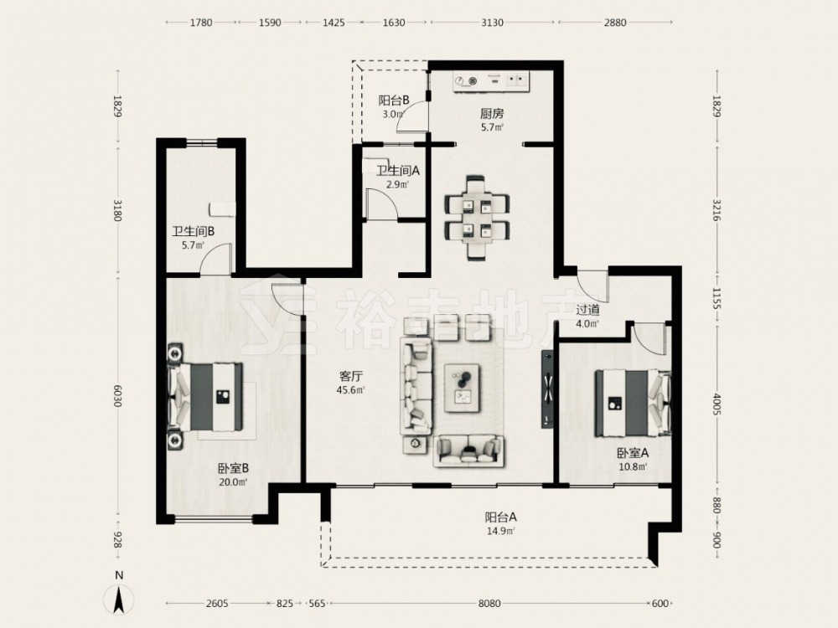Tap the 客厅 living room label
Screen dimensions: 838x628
(349, 376)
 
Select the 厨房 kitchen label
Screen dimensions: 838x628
(492, 114)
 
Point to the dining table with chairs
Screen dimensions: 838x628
(477, 218)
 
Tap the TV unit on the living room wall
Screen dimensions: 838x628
(547, 389)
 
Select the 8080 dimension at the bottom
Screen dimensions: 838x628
(489, 604)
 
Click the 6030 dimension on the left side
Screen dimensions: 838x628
(117, 396)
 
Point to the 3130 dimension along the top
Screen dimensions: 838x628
(492, 23)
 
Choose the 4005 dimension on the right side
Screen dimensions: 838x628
(716, 404)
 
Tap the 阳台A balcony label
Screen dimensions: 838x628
(501, 517)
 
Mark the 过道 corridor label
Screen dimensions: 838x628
(587, 310)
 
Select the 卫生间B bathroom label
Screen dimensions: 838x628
(194, 232)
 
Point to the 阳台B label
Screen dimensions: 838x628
(394, 100)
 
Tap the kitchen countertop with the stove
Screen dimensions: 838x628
(490, 81)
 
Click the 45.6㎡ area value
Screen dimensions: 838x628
(350, 390)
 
